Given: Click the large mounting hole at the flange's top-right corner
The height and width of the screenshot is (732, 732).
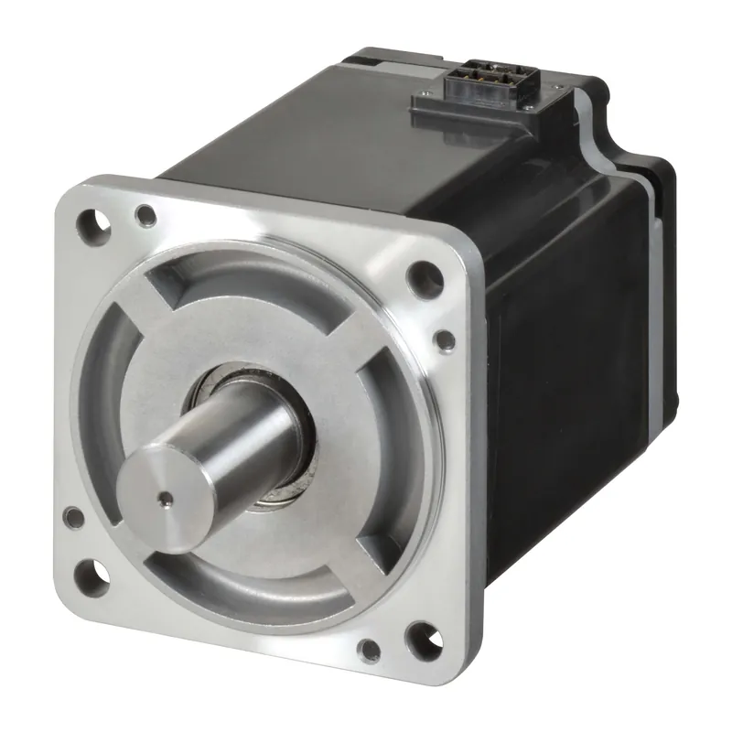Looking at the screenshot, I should [x=419, y=274].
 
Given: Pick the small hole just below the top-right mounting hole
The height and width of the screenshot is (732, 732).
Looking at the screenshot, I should [x=445, y=341].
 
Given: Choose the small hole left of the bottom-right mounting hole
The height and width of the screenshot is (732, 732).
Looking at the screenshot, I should [x=369, y=651].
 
